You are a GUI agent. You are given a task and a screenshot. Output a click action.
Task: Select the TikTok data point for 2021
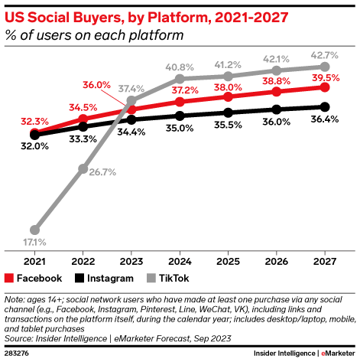34,229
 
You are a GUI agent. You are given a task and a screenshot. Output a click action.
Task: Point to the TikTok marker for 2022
83,168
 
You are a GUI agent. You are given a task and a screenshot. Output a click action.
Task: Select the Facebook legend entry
34,279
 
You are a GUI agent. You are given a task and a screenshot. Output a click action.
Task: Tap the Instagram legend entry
105,279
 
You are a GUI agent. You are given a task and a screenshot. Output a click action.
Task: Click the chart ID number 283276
18,352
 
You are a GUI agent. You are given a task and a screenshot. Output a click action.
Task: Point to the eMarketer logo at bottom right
336,352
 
